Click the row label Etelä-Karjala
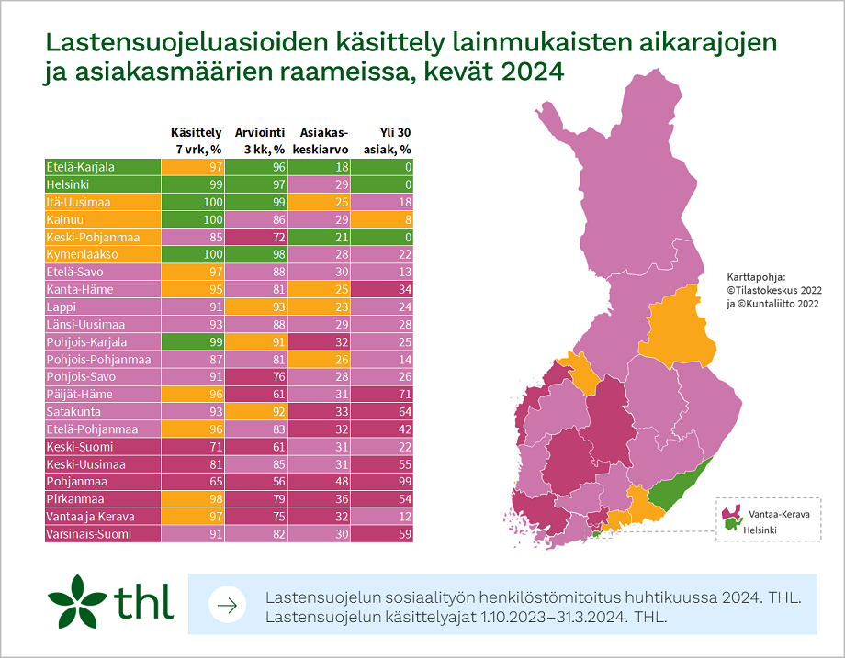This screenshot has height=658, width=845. pos(81,167)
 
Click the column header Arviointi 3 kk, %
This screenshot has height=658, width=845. pos(259,140)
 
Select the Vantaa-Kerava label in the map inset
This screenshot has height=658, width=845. pos(776,515)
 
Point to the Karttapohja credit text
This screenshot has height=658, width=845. pos(769,289)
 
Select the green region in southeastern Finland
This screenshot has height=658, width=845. pos(680,485)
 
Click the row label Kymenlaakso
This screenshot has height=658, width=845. pos(82,254)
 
